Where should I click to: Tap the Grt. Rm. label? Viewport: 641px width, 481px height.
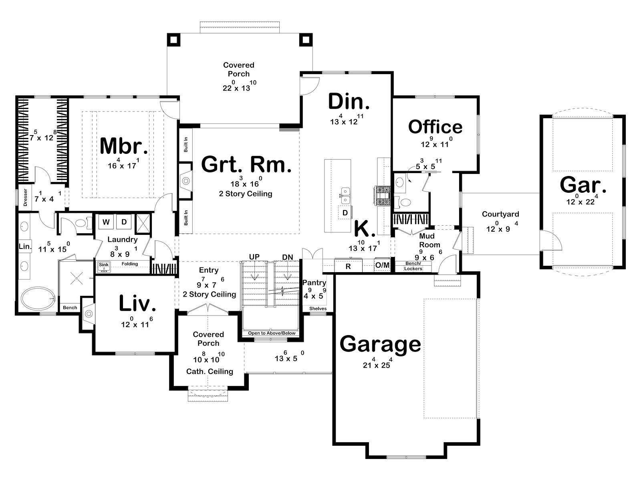click(246, 164)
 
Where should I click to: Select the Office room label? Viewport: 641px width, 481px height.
click(435, 127)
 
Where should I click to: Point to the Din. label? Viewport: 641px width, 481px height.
click(349, 101)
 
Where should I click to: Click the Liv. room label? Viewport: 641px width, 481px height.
click(137, 303)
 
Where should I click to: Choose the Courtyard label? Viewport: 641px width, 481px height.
click(500, 214)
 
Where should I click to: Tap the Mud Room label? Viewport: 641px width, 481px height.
click(429, 240)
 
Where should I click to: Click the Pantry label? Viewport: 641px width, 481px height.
click(314, 283)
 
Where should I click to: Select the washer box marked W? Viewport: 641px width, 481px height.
click(106, 222)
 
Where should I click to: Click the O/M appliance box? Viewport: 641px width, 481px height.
click(382, 265)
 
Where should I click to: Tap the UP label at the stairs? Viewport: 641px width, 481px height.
click(254, 257)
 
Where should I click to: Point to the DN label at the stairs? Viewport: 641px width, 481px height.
click(288, 257)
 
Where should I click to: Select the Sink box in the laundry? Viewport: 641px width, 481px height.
click(103, 266)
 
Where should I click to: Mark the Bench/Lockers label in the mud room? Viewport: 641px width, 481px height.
click(413, 266)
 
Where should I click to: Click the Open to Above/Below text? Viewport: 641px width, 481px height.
click(272, 333)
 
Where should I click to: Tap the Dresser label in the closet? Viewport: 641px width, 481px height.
click(25, 197)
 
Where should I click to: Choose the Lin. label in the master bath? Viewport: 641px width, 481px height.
click(25, 247)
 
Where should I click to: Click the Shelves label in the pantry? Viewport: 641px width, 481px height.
click(318, 309)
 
